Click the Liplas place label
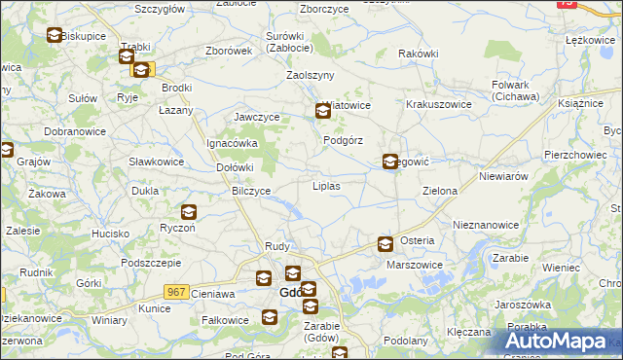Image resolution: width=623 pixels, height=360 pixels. pyautogui.click(x=325, y=185)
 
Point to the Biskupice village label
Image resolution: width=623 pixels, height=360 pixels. pyautogui.click(x=83, y=36)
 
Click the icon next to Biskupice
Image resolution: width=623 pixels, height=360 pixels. pyautogui.click(x=55, y=36)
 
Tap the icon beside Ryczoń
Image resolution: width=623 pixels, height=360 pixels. pyautogui.click(x=188, y=212)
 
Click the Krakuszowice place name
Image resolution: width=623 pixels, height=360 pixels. pyautogui.click(x=438, y=104)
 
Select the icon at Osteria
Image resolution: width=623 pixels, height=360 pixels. pyautogui.click(x=385, y=244)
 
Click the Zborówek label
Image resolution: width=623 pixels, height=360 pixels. pyautogui.click(x=230, y=51)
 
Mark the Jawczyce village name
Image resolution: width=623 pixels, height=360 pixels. pyautogui.click(x=257, y=117)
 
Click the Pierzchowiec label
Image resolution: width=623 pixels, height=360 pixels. pyautogui.click(x=576, y=154)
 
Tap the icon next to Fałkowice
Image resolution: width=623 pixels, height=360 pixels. pyautogui.click(x=269, y=317)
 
